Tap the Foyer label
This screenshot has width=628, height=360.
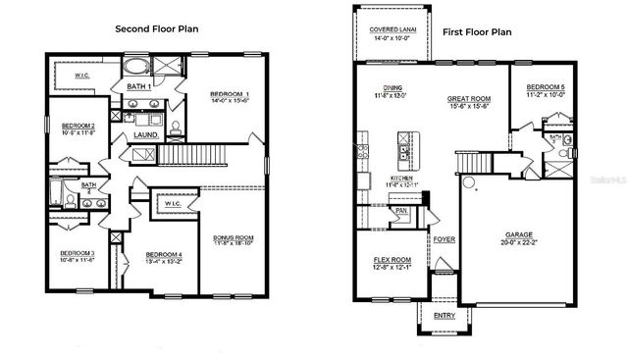click(443, 238)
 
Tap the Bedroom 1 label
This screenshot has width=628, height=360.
click(231, 95)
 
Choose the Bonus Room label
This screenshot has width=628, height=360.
click(233, 237)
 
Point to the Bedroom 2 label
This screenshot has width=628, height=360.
click(78, 126)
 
